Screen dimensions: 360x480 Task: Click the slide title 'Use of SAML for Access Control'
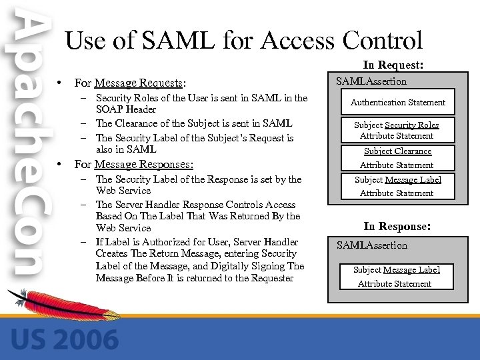243,41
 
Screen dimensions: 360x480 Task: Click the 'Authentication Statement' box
398,102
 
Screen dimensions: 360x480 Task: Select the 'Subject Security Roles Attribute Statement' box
397,130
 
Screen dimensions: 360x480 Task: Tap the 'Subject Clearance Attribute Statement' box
397,158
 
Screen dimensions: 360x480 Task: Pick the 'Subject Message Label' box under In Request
397,186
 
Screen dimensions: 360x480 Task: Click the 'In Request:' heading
394,65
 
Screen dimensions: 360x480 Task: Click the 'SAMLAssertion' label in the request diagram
371,81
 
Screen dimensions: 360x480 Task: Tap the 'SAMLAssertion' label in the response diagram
371,245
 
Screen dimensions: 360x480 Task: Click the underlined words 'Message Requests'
139,83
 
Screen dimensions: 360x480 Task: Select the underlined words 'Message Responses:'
144,164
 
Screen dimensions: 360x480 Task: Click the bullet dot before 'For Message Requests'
60,83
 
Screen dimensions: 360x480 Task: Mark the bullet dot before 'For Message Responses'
60,164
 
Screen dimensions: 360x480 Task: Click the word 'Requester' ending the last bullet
271,278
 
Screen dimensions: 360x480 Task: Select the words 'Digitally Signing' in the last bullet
247,266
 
